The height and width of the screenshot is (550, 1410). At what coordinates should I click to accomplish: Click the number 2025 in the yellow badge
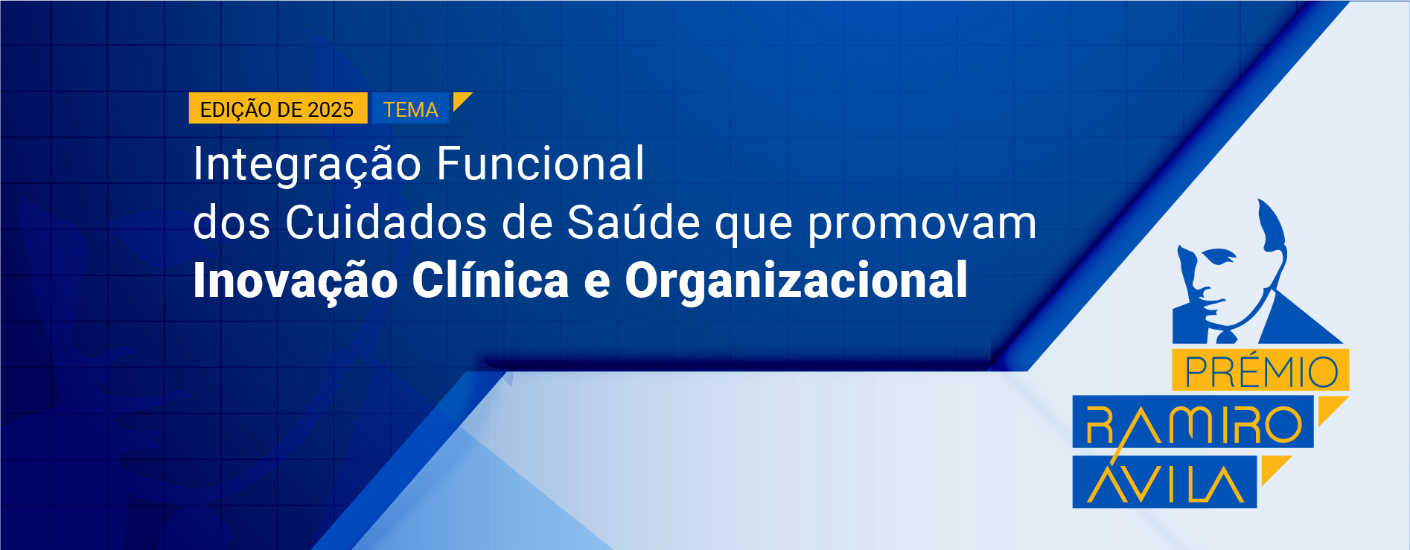(331, 110)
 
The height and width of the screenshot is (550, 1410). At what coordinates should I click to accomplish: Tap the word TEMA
(411, 110)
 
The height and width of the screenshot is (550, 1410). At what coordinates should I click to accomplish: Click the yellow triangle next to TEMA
(461, 100)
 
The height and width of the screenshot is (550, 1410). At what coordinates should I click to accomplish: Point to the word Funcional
(540, 163)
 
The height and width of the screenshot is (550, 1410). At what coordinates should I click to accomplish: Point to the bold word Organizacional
(797, 282)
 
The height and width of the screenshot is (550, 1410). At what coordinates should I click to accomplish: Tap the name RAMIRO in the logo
(1193, 425)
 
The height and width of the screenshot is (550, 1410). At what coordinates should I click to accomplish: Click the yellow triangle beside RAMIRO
(1330, 409)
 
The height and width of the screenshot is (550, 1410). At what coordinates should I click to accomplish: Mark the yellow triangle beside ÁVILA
(1273, 468)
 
